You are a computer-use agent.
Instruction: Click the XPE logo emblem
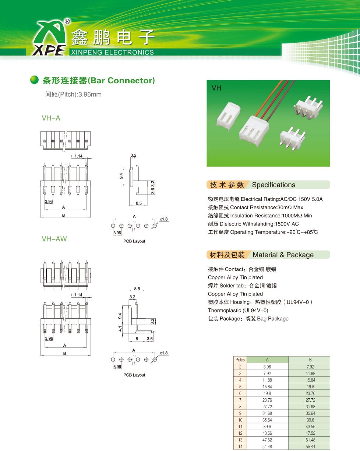coord(49,38)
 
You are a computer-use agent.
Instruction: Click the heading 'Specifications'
coord(273,185)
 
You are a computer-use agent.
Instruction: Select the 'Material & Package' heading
coord(283,255)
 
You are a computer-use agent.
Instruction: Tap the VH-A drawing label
coord(51,118)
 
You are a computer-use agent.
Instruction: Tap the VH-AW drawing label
coord(54,239)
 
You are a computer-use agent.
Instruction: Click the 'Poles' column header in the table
coord(240,360)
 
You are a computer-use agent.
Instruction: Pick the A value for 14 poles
coord(267,447)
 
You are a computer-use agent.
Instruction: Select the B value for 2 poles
coord(310,367)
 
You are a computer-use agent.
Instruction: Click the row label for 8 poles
coord(240,406)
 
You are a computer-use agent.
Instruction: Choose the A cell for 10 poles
coord(267,420)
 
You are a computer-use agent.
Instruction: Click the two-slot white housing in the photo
coord(228,116)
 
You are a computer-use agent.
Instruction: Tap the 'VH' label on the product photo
coord(216,88)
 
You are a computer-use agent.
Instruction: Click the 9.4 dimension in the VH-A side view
coord(121,176)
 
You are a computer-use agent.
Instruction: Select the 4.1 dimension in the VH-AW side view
coord(120,329)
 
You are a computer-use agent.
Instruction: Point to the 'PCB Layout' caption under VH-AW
coord(134,375)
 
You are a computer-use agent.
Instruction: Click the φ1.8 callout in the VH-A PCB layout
coord(164,219)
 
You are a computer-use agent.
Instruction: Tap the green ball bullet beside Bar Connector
coord(34,80)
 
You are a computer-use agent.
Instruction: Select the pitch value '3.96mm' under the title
coord(90,95)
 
